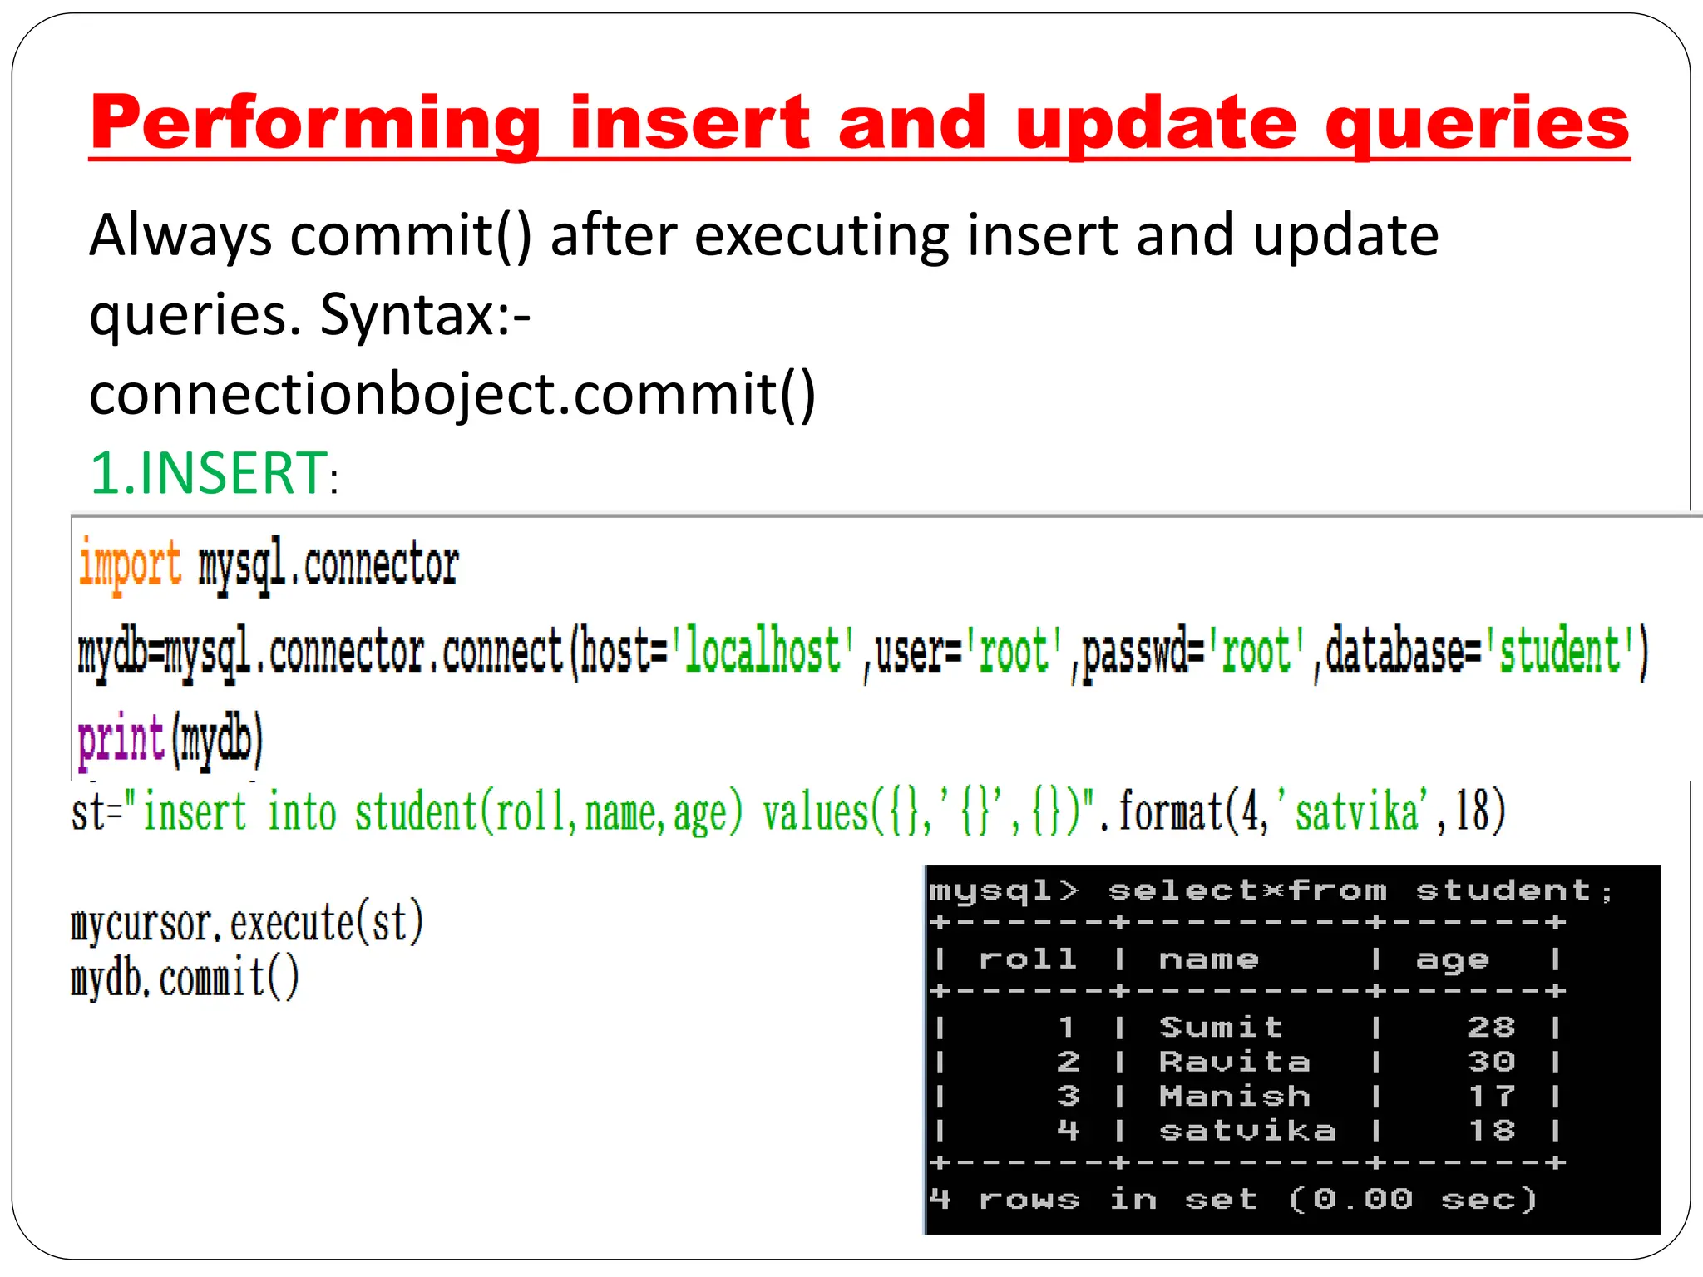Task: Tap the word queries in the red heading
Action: [1477, 125]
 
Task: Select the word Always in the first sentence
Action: [180, 236]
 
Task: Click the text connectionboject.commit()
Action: [452, 394]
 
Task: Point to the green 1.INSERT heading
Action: [209, 473]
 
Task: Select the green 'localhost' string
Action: [763, 653]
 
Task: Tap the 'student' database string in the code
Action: [1561, 653]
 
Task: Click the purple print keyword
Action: [121, 739]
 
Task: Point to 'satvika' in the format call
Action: [1355, 812]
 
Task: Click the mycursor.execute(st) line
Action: [247, 924]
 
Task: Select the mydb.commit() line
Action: [185, 979]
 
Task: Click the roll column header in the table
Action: [1028, 959]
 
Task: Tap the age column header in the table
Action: [1452, 960]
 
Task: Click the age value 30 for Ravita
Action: [1491, 1062]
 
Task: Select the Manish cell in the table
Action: [1235, 1097]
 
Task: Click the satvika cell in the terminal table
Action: [1247, 1131]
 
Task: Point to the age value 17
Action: [1491, 1097]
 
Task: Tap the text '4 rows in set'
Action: [1094, 1200]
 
